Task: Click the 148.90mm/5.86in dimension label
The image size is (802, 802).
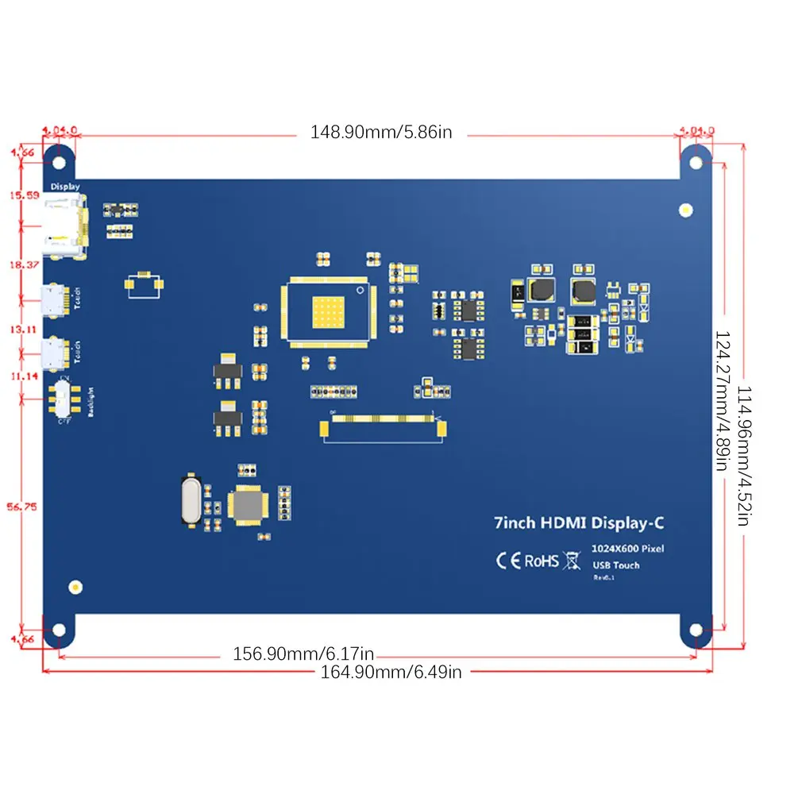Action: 380,133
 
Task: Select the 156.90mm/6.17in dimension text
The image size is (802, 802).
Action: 303,654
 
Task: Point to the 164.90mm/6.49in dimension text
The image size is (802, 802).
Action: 391,672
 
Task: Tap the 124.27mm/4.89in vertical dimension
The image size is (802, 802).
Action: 721,402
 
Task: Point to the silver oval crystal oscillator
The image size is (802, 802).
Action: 189,500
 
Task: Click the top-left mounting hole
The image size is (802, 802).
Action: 58,161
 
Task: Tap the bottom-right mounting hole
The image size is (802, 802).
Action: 696,630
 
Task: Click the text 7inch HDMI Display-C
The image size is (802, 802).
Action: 579,522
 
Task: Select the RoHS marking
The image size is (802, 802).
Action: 541,561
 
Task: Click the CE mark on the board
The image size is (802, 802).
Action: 508,561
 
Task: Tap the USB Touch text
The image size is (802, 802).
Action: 616,565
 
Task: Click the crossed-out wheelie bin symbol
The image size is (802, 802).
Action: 572,561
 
